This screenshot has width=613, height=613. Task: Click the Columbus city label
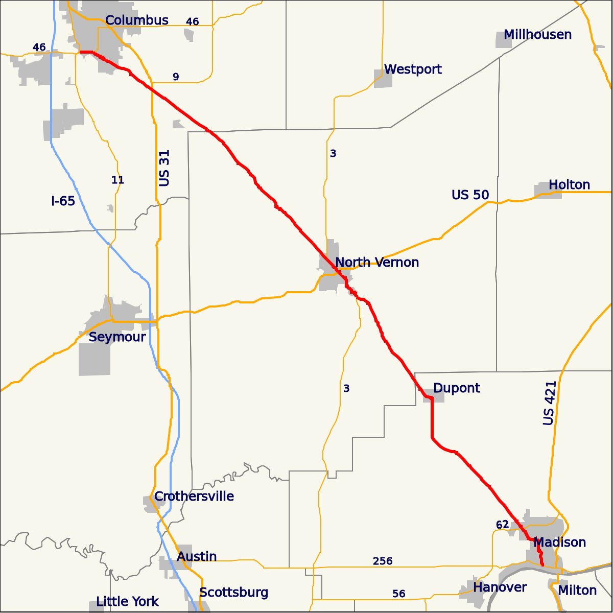(x=136, y=20)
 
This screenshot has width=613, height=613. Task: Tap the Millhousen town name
(x=537, y=35)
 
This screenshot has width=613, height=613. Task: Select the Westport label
(x=413, y=69)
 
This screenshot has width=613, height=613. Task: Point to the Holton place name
(x=569, y=185)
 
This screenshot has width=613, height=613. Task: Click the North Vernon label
(x=377, y=263)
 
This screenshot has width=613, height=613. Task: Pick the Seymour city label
(x=117, y=337)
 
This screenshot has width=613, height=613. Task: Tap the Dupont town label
(x=457, y=388)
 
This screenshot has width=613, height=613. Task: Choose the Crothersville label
(x=194, y=497)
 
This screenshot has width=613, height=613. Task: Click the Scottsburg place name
(x=233, y=593)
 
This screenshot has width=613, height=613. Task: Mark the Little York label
(x=128, y=602)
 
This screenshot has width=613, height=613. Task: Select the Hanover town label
(x=500, y=587)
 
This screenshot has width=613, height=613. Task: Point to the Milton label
(x=577, y=591)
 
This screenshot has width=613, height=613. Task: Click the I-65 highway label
(x=63, y=201)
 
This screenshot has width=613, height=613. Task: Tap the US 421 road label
(x=549, y=403)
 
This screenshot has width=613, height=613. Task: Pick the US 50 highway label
(x=470, y=195)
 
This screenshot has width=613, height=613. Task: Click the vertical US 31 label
(x=164, y=168)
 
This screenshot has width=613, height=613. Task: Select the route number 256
(x=383, y=561)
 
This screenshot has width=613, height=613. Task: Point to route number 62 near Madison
(x=502, y=525)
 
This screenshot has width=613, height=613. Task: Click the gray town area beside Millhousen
(x=504, y=40)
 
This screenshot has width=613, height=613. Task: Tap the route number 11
(x=117, y=180)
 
